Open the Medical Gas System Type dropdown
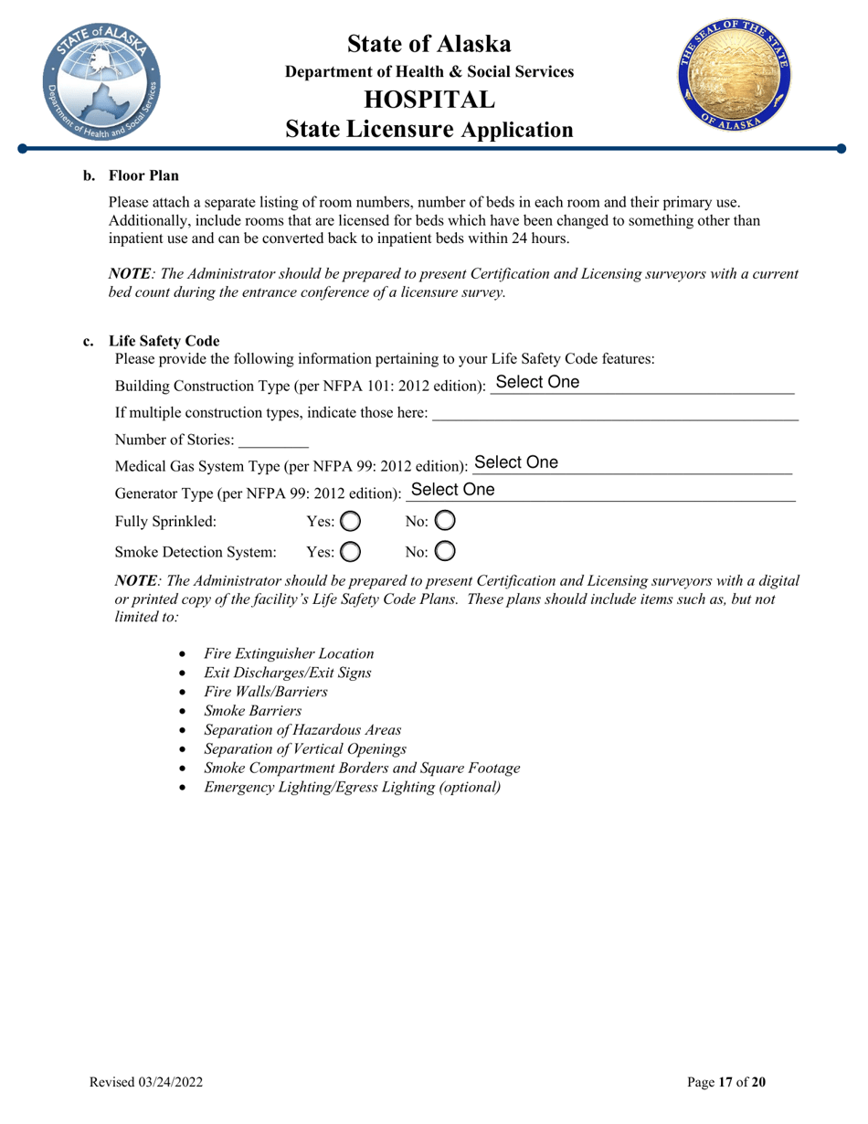[630, 463]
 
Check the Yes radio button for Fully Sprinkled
[351, 523]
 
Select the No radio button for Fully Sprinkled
[444, 523]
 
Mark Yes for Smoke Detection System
[351, 552]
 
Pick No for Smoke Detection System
[444, 552]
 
